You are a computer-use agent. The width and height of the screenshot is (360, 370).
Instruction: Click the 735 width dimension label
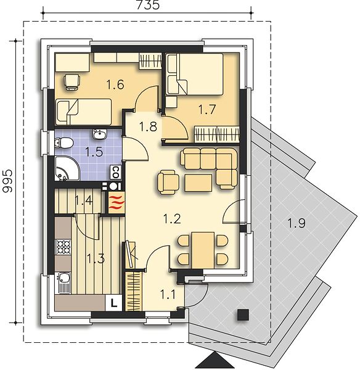149,5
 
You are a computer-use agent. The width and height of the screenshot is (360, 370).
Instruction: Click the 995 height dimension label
7,181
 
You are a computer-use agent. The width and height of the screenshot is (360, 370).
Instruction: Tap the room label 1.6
115,84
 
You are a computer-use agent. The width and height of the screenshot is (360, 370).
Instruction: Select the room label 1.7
207,110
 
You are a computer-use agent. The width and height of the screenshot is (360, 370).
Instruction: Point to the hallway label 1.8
148,126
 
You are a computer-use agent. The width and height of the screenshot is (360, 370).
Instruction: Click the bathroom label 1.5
94,152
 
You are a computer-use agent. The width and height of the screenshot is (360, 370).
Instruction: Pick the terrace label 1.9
297,223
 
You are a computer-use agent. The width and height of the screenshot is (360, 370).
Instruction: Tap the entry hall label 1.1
168,295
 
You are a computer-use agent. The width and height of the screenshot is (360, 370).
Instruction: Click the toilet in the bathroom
63,143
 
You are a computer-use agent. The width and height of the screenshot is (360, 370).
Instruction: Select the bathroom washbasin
100,134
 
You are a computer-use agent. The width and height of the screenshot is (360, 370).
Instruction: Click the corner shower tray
67,168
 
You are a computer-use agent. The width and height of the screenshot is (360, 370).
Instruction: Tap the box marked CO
116,172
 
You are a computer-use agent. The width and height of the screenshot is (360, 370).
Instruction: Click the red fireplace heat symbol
117,202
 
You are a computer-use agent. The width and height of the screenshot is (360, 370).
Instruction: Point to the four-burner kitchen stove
63,247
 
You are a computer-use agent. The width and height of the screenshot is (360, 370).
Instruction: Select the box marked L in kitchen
113,303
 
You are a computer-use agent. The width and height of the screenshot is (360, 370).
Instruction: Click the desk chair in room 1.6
72,81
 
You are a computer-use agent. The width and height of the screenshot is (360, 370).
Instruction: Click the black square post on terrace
243,314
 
